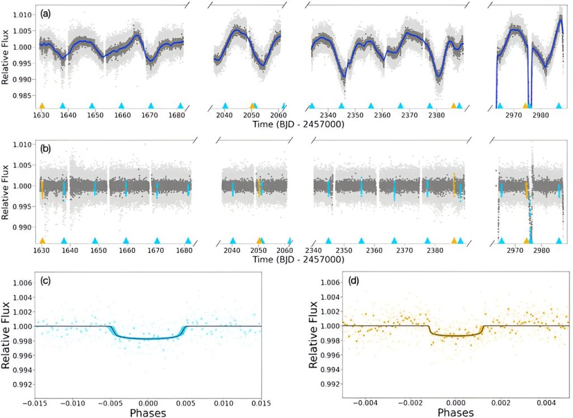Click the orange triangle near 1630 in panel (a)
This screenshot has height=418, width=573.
pyautogui.click(x=42, y=105)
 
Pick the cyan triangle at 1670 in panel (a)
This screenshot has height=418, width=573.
pyautogui.click(x=151, y=105)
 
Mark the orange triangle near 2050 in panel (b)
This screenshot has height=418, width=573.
pyautogui.click(x=259, y=241)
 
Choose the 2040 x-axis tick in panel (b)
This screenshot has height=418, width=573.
pyautogui.click(x=231, y=251)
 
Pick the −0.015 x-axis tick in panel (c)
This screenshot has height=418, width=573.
pyautogui.click(x=35, y=402)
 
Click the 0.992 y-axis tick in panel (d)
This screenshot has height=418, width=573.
pyautogui.click(x=328, y=384)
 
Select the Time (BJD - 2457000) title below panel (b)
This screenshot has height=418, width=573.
pyautogui.click(x=298, y=260)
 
